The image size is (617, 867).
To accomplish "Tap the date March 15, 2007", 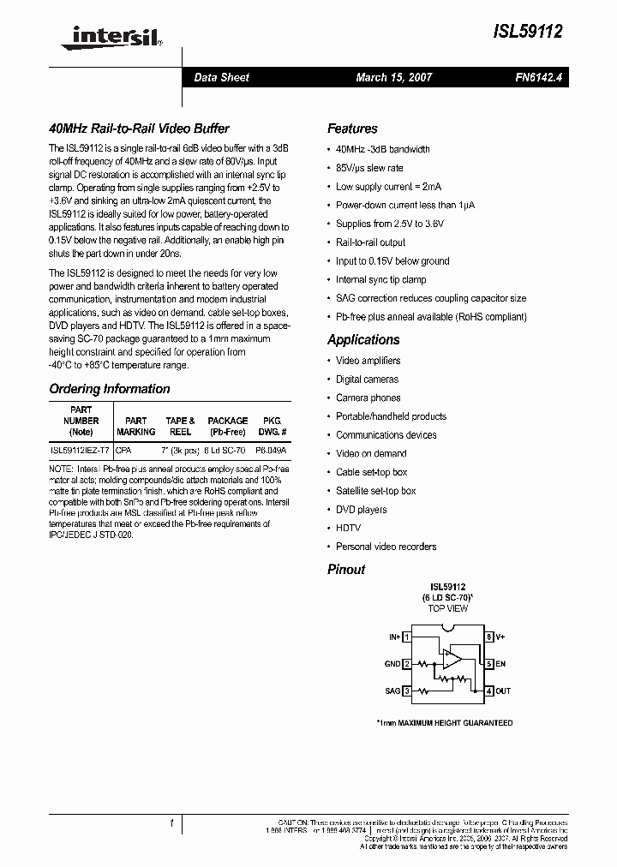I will pyautogui.click(x=393, y=77).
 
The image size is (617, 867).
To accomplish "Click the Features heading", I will pyautogui.click(x=352, y=129).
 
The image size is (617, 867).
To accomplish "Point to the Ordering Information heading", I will pyautogui.click(x=110, y=389).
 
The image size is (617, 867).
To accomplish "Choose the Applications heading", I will pyautogui.click(x=363, y=340).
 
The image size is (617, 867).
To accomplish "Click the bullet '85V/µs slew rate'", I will pyautogui.click(x=369, y=168).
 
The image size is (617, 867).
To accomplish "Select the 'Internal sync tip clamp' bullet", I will pyautogui.click(x=381, y=279).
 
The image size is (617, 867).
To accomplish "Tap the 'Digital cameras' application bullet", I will pyautogui.click(x=367, y=379).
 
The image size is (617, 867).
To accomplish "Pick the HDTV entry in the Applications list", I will pyautogui.click(x=348, y=528).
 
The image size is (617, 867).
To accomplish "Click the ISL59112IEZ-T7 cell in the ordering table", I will pyautogui.click(x=80, y=449).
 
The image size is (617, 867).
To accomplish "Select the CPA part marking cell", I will pyautogui.click(x=123, y=449).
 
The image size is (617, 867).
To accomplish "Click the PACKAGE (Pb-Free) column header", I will pyautogui.click(x=228, y=427).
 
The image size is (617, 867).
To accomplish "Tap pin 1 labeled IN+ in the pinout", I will pyautogui.click(x=407, y=637).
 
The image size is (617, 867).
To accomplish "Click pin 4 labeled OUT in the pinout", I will pyautogui.click(x=489, y=691).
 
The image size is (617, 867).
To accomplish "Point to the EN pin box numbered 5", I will pyautogui.click(x=489, y=664).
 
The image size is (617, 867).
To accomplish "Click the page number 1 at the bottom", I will pyautogui.click(x=171, y=823).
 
